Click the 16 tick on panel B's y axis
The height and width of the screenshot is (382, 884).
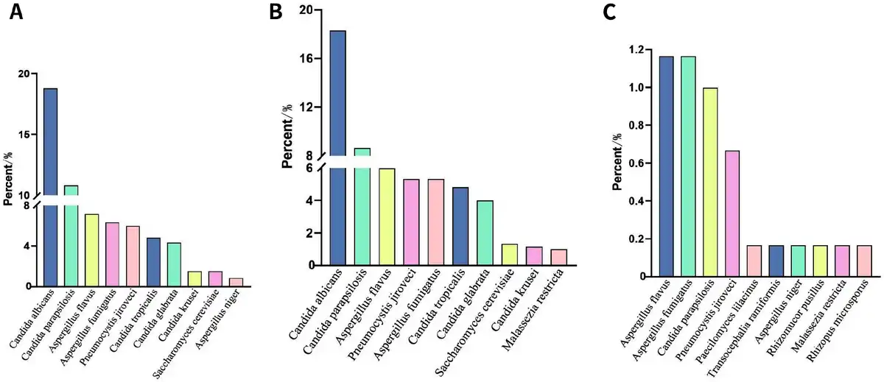[307, 58]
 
